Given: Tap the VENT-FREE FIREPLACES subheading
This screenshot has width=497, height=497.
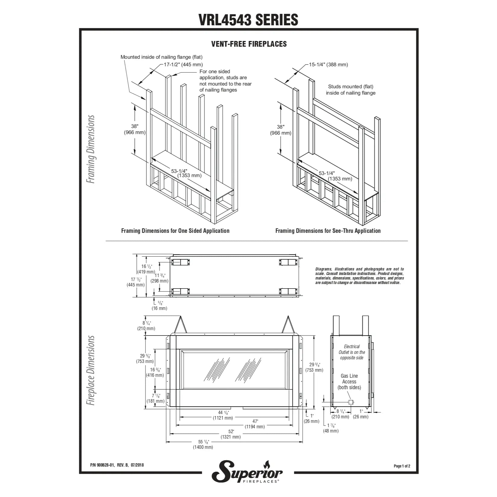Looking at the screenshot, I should [x=249, y=44].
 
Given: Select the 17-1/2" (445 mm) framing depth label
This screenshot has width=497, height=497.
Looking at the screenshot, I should [x=183, y=64].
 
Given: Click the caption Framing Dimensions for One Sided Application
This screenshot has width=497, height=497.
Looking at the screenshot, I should [x=175, y=231].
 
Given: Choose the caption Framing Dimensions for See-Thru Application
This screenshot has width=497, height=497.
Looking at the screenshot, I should [x=328, y=231].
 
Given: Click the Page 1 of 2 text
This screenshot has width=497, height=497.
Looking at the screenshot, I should [x=402, y=466].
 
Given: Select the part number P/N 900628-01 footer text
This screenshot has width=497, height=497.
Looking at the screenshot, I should [x=117, y=465].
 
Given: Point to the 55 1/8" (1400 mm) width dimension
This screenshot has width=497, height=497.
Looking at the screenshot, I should [x=203, y=444].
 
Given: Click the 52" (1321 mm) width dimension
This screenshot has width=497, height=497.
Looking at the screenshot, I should [x=230, y=434].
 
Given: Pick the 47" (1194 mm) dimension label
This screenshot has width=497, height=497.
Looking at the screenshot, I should [x=255, y=424].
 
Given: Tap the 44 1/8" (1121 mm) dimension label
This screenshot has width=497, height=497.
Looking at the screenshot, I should [x=223, y=415].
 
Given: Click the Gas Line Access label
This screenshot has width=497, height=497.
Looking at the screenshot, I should [x=349, y=382].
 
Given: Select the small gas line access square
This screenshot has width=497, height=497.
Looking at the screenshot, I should [x=351, y=402].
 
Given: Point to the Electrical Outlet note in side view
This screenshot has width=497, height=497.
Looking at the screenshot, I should [x=352, y=352].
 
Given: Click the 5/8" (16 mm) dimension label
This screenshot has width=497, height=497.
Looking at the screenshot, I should [x=159, y=305].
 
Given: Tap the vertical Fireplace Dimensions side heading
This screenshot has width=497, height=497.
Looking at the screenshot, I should [x=91, y=370].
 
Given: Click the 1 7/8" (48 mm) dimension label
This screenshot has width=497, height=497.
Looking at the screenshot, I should [x=331, y=428].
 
